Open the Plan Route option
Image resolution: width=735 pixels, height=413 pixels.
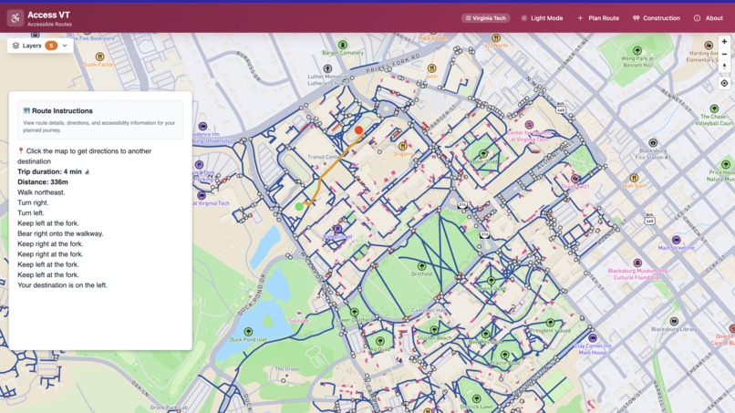point(598,18)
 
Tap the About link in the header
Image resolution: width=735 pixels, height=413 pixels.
point(709,18)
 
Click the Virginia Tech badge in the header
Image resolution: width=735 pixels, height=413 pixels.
point(486,18)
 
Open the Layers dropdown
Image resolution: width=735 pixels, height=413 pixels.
point(40,46)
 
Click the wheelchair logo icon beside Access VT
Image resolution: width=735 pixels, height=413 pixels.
point(16,18)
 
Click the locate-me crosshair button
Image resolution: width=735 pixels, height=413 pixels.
point(724,83)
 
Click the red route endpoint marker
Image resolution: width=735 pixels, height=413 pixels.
point(358,130)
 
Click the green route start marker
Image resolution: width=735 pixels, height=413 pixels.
point(299,207)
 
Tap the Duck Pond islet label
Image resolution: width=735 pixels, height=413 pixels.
point(248,339)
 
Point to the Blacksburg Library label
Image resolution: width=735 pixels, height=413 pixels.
point(674,328)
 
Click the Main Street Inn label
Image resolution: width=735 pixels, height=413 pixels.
point(676,247)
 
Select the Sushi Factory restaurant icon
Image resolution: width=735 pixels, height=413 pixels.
point(100,57)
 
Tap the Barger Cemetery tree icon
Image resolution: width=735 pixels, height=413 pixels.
point(343,45)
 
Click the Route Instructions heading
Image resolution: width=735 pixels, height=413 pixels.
point(62,110)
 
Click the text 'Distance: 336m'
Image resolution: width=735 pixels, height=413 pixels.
point(43,181)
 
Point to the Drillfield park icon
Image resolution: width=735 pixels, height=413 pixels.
point(421,265)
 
